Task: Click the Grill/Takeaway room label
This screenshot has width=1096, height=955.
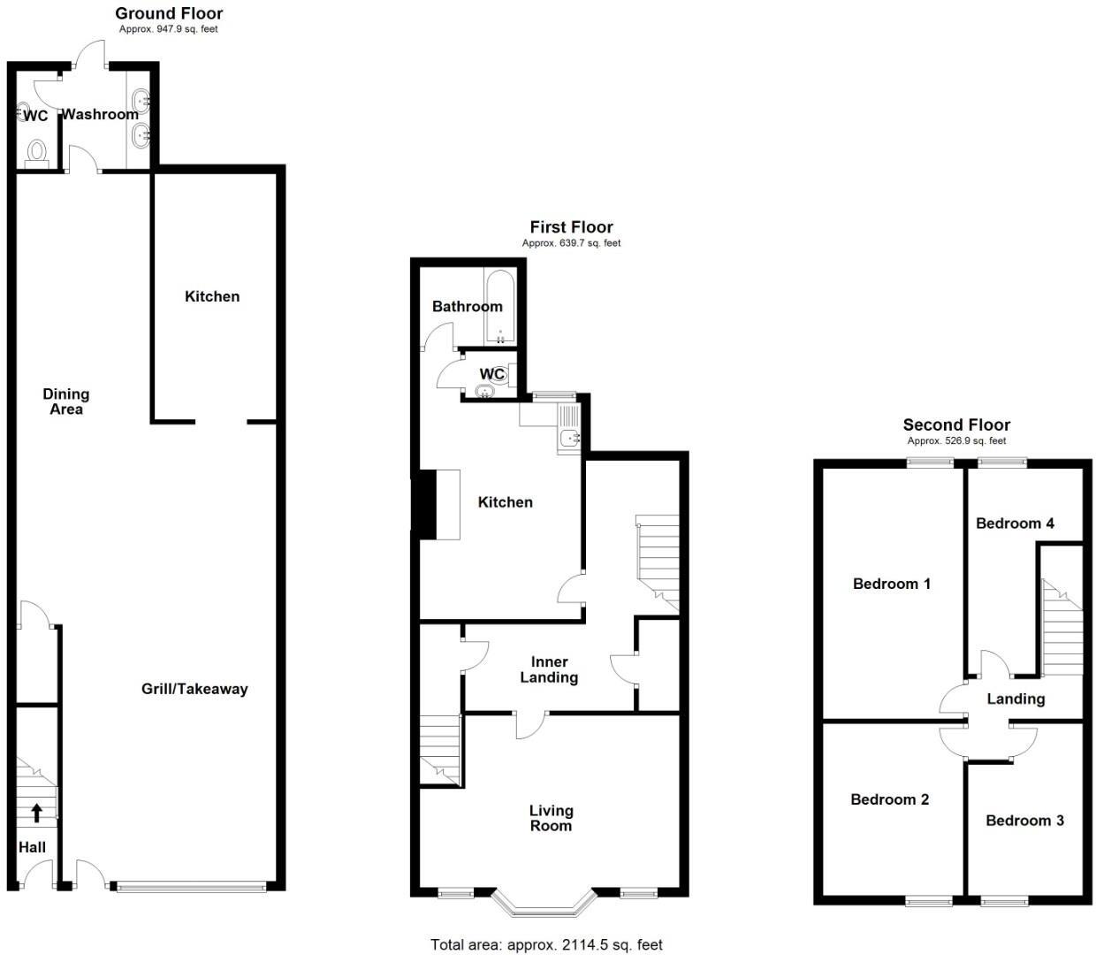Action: coord(194,689)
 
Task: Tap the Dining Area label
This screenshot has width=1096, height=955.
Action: coord(66,401)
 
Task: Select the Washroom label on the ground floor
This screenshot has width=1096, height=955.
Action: coord(100,114)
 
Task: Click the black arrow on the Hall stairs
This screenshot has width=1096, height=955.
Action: coord(36,812)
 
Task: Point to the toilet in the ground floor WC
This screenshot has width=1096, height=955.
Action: coord(36,151)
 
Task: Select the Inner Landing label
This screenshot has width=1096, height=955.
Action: coord(549,669)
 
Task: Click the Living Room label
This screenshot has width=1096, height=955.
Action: coord(551,818)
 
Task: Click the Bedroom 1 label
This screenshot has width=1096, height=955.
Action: coord(891,584)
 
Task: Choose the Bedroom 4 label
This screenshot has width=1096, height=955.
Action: coord(1015,523)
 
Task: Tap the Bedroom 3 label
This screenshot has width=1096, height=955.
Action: coord(1024,821)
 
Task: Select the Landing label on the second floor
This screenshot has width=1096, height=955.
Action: coord(1016,699)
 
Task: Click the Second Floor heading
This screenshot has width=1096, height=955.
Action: coord(956,425)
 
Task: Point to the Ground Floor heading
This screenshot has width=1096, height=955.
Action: coord(169,13)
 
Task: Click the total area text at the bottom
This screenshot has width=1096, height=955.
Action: coord(546,945)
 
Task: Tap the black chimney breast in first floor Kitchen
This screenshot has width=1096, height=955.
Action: coord(426,504)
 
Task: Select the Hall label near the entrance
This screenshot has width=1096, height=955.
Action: coord(33,847)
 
